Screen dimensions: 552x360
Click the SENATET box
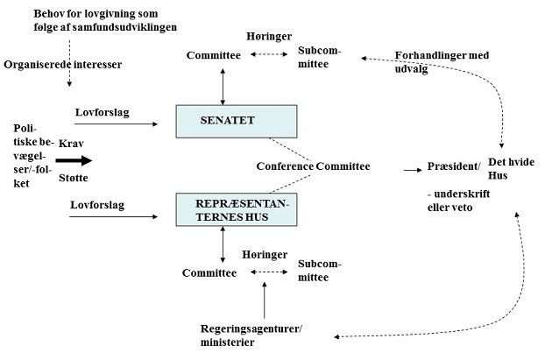[x=237, y=122]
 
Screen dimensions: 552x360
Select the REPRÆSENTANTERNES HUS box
[x=237, y=209]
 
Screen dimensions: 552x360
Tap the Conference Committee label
[x=313, y=166]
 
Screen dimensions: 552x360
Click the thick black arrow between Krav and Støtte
[x=74, y=161]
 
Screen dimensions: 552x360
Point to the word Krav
[x=71, y=144]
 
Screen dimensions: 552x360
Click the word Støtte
[x=74, y=178]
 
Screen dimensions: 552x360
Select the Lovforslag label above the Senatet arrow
[x=103, y=113]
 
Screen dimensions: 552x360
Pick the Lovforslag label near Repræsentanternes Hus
[x=97, y=205]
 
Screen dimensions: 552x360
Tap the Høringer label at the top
[x=269, y=37]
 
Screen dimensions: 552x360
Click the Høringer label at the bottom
[x=265, y=255]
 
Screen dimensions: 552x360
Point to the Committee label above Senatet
[x=214, y=55]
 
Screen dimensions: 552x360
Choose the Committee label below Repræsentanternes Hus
[x=209, y=272]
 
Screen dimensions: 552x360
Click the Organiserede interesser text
[x=63, y=65]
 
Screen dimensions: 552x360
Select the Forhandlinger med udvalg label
[x=442, y=62]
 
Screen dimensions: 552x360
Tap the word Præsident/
[x=454, y=166]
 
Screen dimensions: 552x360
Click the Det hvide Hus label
[x=511, y=169]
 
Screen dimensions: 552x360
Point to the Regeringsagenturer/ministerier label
[x=251, y=335]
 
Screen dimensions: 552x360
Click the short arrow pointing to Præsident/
[x=413, y=170]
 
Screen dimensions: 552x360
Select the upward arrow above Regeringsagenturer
[x=265, y=300]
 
